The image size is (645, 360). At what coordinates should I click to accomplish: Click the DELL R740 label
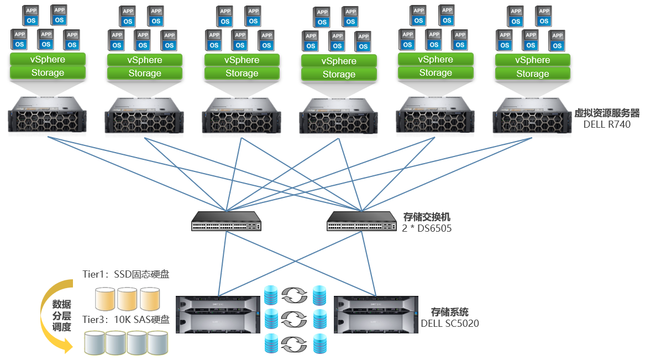pos(606,124)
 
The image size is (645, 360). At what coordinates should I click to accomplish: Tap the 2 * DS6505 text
pos(427,227)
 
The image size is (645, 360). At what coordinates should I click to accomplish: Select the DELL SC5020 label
pos(449,323)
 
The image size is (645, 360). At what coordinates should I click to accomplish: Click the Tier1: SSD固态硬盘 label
pos(126,274)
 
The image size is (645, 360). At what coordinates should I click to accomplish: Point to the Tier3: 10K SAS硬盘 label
pos(126,319)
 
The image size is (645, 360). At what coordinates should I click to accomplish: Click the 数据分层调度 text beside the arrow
pos(62,316)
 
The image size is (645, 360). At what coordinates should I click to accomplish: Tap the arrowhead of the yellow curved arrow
pos(67,347)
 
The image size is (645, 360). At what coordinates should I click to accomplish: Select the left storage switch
pos(227,221)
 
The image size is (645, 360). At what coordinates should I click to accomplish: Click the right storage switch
pos(361,221)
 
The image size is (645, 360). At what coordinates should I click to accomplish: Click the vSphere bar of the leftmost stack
pos(48,60)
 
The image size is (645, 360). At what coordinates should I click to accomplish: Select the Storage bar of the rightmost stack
pos(533,74)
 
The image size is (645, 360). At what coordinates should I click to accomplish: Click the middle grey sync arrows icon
pos(294,319)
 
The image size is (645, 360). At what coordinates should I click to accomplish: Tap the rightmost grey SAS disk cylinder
pos(158,343)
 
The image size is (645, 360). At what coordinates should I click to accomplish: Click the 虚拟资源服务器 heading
pos(606,113)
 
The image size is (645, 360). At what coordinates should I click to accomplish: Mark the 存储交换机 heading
pos(424,216)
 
